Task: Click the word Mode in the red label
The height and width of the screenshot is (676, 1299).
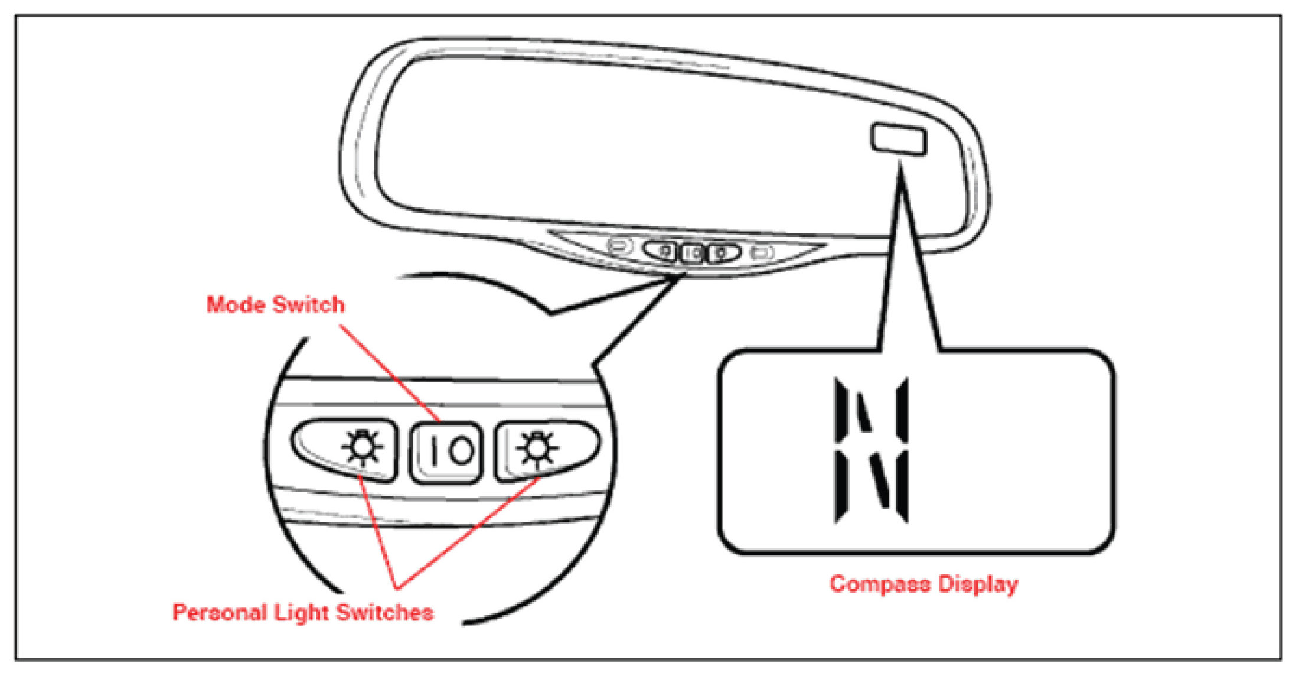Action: [234, 305]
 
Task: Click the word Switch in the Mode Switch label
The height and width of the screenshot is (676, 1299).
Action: [308, 305]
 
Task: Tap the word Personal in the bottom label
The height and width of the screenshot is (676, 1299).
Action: [219, 612]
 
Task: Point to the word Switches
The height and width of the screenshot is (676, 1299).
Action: [385, 612]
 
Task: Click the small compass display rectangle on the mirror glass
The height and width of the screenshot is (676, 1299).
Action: [898, 139]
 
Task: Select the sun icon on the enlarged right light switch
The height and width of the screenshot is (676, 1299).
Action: [536, 448]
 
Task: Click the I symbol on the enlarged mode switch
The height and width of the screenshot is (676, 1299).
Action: [434, 451]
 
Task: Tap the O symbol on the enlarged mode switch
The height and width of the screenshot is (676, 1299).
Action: [461, 451]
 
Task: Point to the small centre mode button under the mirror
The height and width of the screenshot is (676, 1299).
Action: [692, 253]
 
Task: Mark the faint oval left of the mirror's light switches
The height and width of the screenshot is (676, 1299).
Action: [619, 245]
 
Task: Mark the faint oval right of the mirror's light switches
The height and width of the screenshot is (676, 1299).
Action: [762, 253]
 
